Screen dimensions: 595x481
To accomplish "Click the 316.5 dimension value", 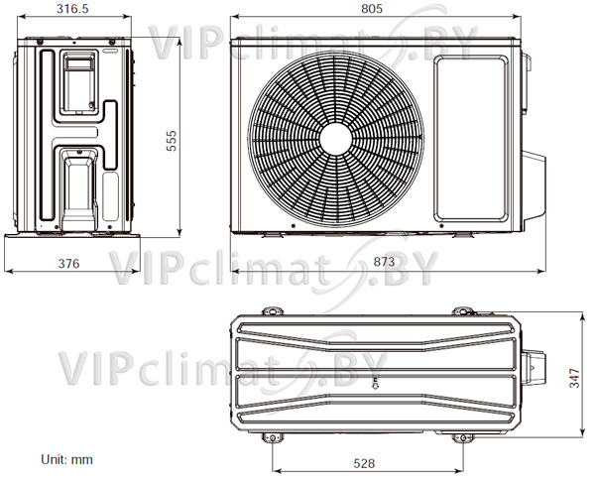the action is tap(72, 9).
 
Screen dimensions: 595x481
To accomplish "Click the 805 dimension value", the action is tap(372, 9).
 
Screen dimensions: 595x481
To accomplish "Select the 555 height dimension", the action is tap(172, 141).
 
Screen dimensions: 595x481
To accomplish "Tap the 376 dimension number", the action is tap(69, 263).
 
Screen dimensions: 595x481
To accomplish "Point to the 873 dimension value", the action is tap(384, 262).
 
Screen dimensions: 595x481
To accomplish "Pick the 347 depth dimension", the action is tap(575, 378).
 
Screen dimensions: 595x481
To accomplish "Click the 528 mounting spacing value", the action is tap(364, 463).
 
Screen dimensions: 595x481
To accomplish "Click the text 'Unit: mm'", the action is tap(66, 460).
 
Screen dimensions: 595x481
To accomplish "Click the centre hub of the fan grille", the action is tap(335, 139).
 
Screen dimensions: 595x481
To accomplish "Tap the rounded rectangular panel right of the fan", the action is tap(471, 139).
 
